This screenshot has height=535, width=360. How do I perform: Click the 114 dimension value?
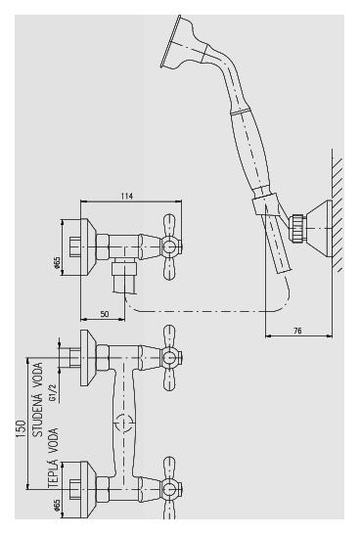pyautogui.click(x=126, y=196)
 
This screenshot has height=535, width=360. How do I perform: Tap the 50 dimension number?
pyautogui.click(x=105, y=314)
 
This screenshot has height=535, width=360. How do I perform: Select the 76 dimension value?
pyautogui.click(x=297, y=331)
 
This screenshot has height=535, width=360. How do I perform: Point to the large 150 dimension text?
pyautogui.click(x=21, y=429)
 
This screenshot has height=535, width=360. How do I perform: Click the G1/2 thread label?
pyautogui.click(x=53, y=393)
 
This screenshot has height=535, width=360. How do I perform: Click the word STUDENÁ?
pyautogui.click(x=37, y=415)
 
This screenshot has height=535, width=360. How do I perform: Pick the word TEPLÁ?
pyautogui.click(x=53, y=474)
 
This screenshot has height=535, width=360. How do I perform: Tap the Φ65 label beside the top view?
pyautogui.click(x=57, y=263)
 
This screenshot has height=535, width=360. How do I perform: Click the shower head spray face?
pyautogui.click(x=170, y=41)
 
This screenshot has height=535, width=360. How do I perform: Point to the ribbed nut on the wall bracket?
pyautogui.click(x=296, y=229)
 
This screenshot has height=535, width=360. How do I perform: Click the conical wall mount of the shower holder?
pyautogui.click(x=318, y=229)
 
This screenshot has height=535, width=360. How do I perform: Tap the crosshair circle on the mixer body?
pyautogui.click(x=123, y=424)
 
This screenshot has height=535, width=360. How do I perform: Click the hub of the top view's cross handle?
pyautogui.click(x=169, y=247)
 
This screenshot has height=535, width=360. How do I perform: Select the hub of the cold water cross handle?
pyautogui.click(x=169, y=358)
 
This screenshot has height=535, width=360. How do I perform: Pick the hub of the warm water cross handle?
pyautogui.click(x=169, y=490)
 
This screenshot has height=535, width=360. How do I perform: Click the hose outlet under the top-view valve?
pyautogui.click(x=125, y=276)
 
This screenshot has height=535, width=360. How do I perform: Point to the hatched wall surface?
pyautogui.click(x=337, y=210)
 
